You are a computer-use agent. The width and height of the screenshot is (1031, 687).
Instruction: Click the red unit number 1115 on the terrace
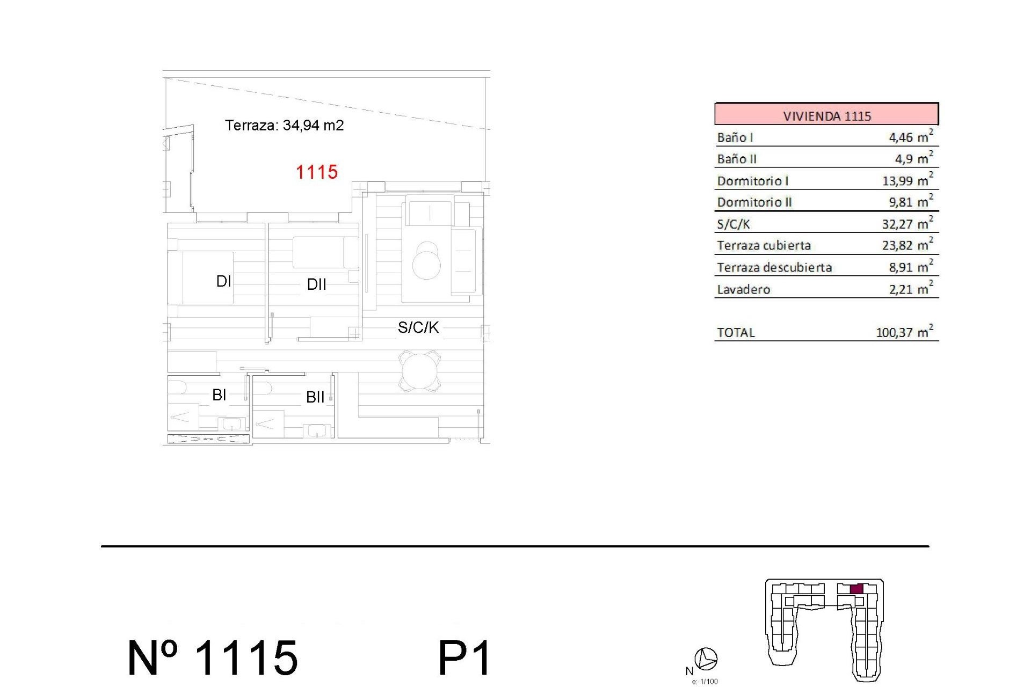coord(317,172)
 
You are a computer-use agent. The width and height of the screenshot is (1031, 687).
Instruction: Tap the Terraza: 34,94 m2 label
coord(284,125)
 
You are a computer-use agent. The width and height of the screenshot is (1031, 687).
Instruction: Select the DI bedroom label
coord(223,281)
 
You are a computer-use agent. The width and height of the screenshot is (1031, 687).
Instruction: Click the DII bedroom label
coord(316,284)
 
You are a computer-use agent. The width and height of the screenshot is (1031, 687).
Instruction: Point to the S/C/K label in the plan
coord(418,327)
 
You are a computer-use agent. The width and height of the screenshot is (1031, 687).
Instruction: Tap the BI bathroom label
coord(219,395)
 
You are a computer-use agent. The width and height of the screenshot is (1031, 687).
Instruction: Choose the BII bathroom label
coord(315,397)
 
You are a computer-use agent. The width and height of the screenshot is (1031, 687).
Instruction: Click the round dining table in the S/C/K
coord(420,371)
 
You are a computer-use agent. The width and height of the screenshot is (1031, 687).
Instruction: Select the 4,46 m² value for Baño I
coord(910,137)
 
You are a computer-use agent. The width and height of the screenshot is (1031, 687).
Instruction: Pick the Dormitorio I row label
coord(752,181)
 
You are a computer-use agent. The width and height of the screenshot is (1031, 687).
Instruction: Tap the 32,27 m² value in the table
coord(907,224)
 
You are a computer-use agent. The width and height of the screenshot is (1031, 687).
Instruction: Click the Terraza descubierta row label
coord(774,267)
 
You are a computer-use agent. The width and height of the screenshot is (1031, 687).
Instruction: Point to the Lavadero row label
coord(743,289)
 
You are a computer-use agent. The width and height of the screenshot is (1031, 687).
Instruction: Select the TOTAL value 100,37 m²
coord(904,332)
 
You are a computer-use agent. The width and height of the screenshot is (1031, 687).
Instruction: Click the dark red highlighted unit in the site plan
coord(856,589)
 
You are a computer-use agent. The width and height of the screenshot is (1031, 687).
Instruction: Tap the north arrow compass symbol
coord(706,659)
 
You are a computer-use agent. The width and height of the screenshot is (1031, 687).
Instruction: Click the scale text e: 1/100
coord(705,682)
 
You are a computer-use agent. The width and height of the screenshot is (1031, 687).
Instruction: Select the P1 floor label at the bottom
coord(464,658)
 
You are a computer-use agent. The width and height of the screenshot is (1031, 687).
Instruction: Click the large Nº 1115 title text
coord(213,658)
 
